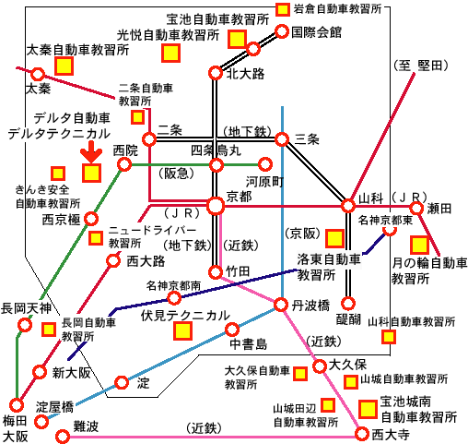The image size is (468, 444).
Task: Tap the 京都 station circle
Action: pyautogui.click(x=216, y=206)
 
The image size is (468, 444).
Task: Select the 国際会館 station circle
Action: pyautogui.click(x=282, y=31)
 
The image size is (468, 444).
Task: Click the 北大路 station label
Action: pyautogui.click(x=245, y=74)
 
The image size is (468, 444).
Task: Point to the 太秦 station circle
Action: pyautogui.click(x=38, y=74)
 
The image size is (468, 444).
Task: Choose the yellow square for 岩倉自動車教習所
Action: pyautogui.click(x=282, y=9)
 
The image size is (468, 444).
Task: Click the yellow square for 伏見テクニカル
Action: pyautogui.click(x=183, y=330)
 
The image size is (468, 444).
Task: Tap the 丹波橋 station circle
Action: pyautogui.click(x=281, y=305)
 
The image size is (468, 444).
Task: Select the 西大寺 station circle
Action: pyautogui.click(x=362, y=434)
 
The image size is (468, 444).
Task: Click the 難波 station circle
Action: pyautogui.click(x=63, y=437)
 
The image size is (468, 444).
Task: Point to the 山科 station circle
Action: pyautogui.click(x=348, y=206)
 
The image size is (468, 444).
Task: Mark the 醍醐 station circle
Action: pyautogui.click(x=348, y=304)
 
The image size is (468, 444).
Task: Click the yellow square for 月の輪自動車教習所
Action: pyautogui.click(x=419, y=245)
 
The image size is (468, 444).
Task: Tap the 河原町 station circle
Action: pyautogui.click(x=265, y=164)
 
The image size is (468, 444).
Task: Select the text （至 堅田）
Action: pyautogui.click(x=421, y=66)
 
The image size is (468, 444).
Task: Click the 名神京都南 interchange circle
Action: pyautogui.click(x=174, y=298)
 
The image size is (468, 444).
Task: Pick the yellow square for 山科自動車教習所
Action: pyautogui.click(x=389, y=337)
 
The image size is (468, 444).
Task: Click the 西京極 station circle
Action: pyautogui.click(x=91, y=219)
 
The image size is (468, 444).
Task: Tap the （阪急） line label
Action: pyautogui.click(x=177, y=174)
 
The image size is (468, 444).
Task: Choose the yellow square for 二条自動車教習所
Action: pyautogui.click(x=137, y=117)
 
